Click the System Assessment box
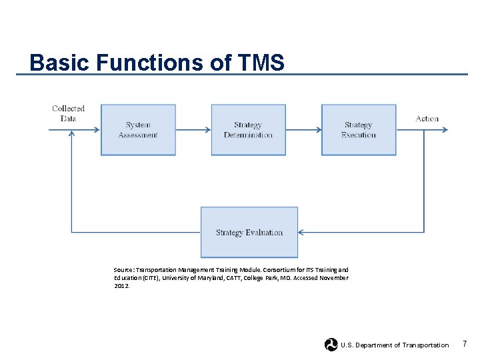coord(138,130)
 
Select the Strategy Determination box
coord(248,130)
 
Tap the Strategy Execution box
coord(359,130)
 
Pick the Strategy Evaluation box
coord(249,233)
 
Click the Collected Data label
coord(68,113)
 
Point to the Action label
coord(427,119)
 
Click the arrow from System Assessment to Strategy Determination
coord(193,130)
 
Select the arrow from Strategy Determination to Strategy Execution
coord(303,130)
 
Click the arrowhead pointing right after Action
coord(445,130)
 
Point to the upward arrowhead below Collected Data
coord(71,134)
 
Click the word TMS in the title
coord(259,63)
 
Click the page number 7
coord(465,344)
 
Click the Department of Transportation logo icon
coord(331,345)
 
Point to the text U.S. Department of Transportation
coord(395,345)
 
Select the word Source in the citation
coord(123,270)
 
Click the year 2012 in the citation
coord(121,285)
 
